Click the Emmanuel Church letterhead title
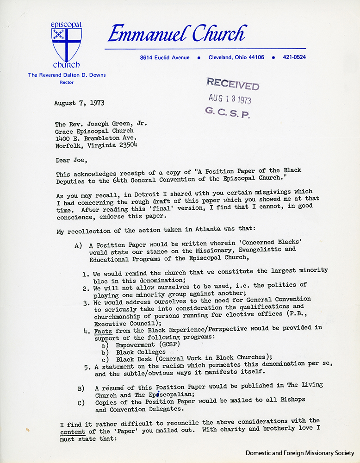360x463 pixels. tap(176, 34)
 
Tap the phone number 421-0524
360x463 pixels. tap(294, 57)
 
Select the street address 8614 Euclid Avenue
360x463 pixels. tap(165, 57)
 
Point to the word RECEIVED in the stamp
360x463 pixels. tap(232, 84)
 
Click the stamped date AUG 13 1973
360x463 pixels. tap(230, 99)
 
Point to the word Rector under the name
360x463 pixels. tap(66, 82)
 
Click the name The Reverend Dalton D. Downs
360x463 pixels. tap(66, 75)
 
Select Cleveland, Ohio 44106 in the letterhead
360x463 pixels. tap(236, 57)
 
